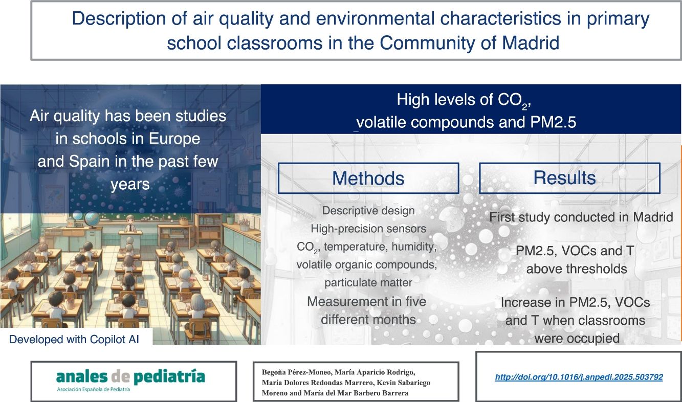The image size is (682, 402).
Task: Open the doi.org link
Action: (x=579, y=377)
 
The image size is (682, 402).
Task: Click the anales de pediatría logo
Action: (x=130, y=377)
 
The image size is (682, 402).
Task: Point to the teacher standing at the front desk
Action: (x=130, y=224)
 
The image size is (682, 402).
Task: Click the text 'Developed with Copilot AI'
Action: (x=74, y=339)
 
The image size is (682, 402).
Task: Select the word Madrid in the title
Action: (x=531, y=42)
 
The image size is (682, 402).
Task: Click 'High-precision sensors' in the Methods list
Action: (x=368, y=229)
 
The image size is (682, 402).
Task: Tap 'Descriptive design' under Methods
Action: (x=368, y=211)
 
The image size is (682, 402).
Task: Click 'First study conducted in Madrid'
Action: (x=581, y=217)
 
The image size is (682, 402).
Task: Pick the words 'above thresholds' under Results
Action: (x=577, y=269)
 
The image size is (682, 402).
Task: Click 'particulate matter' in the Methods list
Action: (x=368, y=283)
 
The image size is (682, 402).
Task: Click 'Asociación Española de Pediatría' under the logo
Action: (x=94, y=389)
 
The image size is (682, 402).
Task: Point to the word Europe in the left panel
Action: (x=174, y=139)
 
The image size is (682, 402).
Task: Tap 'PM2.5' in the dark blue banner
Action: (x=553, y=122)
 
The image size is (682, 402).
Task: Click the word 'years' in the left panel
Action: (x=130, y=185)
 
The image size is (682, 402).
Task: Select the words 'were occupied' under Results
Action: (x=577, y=339)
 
